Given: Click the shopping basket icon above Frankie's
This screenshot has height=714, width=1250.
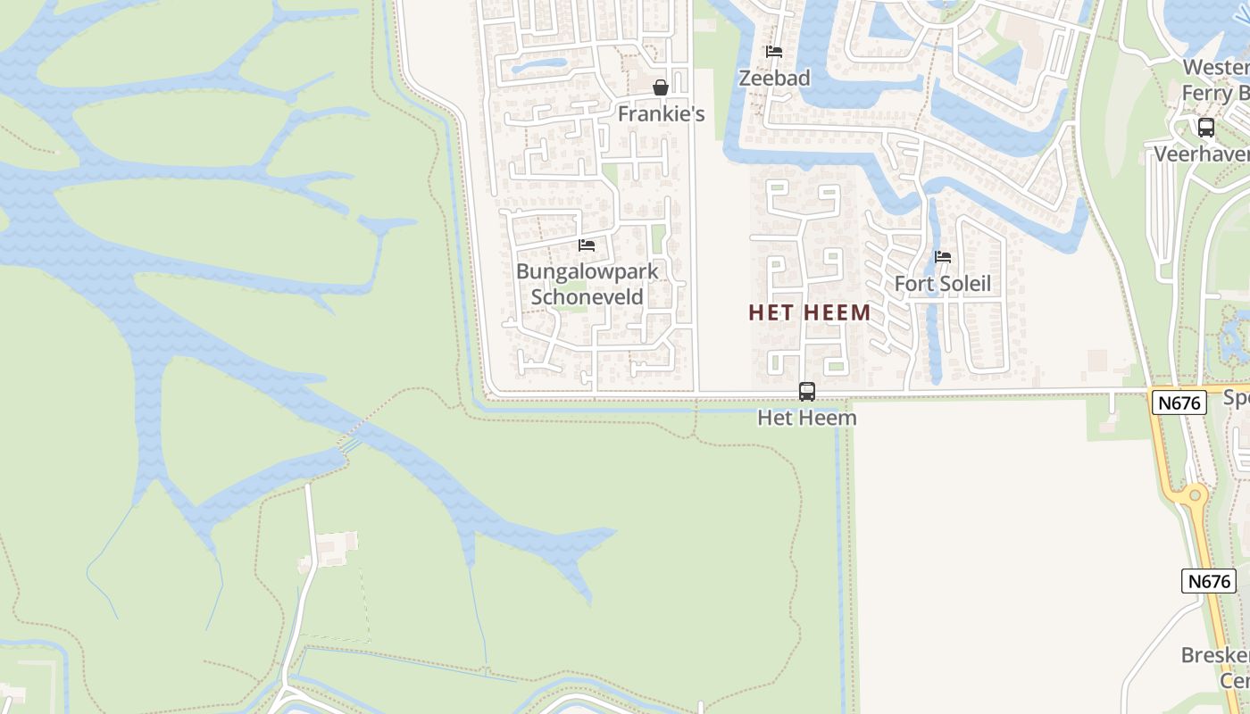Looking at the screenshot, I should click(661, 87).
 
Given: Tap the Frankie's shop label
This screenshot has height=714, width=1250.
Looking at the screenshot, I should click(661, 114).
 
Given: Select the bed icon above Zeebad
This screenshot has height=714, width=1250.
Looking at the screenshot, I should click(774, 52).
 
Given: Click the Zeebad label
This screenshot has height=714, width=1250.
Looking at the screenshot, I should click(774, 79).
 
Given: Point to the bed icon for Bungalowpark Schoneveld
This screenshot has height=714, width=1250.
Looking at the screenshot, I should click(587, 245).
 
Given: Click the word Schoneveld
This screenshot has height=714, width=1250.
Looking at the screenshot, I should click(587, 296).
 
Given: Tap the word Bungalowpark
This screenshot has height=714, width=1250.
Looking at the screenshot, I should click(587, 271).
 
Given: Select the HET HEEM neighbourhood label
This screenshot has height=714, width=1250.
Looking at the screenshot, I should click(809, 312).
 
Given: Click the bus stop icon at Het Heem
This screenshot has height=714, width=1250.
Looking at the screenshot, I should click(806, 391).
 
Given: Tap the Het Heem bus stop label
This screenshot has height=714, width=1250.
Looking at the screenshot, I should click(806, 418).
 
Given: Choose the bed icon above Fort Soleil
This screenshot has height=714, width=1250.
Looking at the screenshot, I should click(943, 257).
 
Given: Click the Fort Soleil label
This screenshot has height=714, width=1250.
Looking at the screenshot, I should click(943, 284).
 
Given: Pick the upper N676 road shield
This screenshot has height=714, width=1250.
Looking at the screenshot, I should click(1179, 403).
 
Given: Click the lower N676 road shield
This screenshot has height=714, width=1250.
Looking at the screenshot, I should click(1209, 581).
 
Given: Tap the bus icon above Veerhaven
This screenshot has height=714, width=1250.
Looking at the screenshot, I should click(1206, 128).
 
